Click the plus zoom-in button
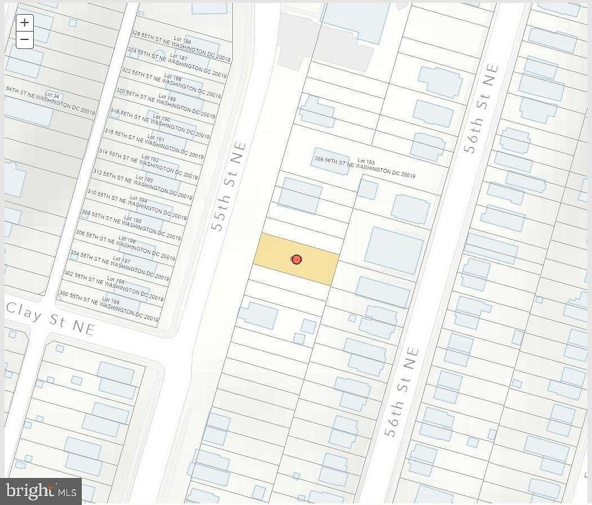[x=25, y=23]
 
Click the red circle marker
[x=297, y=259]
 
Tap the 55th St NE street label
[x=229, y=186]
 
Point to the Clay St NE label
[x=50, y=318]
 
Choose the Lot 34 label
[x=52, y=95]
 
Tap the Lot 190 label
[x=161, y=119]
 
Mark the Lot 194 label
[x=138, y=199]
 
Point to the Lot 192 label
[x=150, y=159]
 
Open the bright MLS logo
[x=41, y=491]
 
